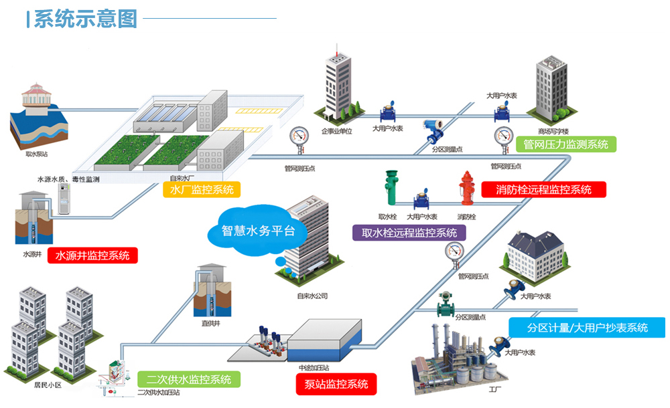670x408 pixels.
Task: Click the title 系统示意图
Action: point(85,18)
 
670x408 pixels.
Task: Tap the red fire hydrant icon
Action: point(467,188)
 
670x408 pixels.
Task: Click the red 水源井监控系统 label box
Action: point(92,255)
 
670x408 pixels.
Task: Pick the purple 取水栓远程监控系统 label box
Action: point(409,232)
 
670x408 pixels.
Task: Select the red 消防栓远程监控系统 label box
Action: point(543,189)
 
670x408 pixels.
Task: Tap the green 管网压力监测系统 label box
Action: point(569,143)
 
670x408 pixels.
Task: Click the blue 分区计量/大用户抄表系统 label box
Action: point(587,328)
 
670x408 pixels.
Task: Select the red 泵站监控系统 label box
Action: point(336,384)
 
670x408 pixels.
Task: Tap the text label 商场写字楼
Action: point(553,131)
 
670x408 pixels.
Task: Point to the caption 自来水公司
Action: point(312,296)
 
